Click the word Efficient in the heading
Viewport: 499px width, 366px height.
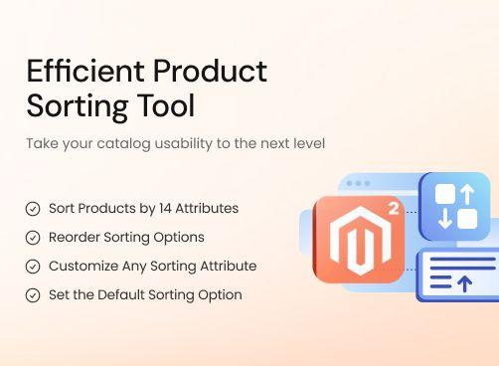75,72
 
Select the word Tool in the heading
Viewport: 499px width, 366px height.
168,104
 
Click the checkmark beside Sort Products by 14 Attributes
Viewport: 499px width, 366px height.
33,209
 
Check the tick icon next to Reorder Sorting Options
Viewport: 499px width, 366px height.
33,238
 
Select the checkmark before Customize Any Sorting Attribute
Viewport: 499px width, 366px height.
33,267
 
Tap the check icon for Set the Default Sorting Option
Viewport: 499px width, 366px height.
33,295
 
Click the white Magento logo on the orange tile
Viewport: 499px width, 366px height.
358,240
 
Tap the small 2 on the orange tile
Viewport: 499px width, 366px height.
395,209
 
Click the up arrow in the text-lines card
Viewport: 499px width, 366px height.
463,284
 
